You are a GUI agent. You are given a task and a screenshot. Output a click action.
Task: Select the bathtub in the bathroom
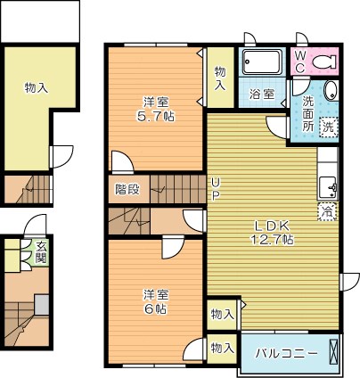pyautogui.click(x=262, y=62)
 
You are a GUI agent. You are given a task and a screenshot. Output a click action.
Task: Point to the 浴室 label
pyautogui.click(x=262, y=94)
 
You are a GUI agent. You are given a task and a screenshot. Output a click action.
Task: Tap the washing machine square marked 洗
pyautogui.click(x=328, y=127)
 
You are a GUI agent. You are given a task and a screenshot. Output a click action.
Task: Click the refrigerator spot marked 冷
pyautogui.click(x=327, y=212)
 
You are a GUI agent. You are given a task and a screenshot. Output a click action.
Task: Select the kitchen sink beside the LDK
pyautogui.click(x=327, y=188)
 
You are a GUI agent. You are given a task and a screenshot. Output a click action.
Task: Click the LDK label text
pyautogui.click(x=274, y=225)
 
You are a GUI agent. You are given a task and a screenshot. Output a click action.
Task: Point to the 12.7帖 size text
pyautogui.click(x=274, y=240)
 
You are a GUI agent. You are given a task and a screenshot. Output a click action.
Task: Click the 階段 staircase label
pyautogui.click(x=127, y=188)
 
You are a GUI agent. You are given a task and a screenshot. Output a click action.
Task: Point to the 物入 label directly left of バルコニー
pyautogui.click(x=222, y=348)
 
